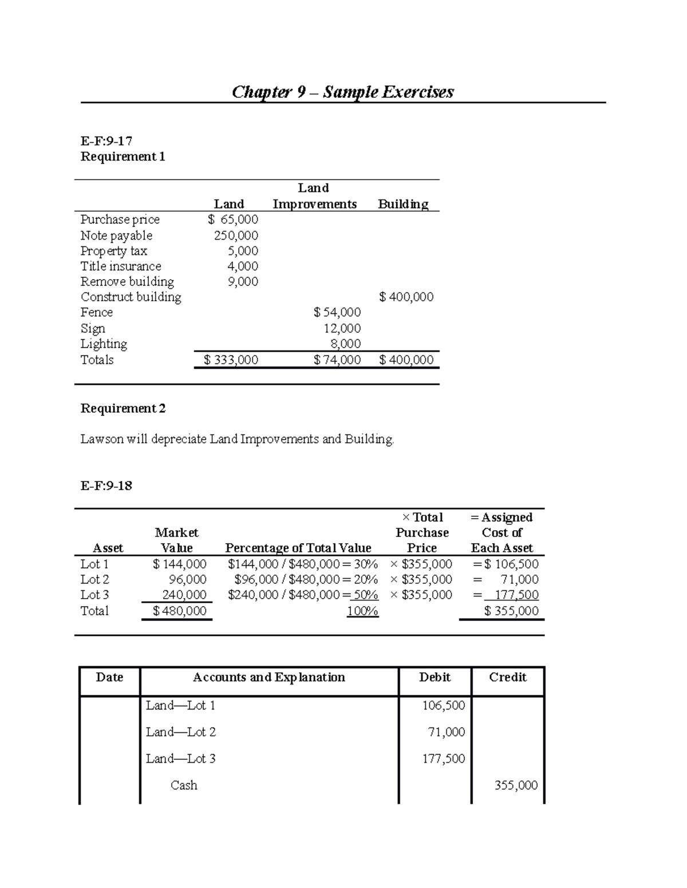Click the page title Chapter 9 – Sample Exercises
[342, 92]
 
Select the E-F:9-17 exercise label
[106, 141]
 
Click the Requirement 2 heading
[123, 408]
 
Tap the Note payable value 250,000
[236, 236]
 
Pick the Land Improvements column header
[314, 196]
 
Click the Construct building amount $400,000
[406, 297]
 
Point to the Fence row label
[97, 312]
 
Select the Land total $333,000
[231, 360]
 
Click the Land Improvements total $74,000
[337, 360]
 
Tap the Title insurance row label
[121, 266]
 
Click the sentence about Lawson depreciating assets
[237, 439]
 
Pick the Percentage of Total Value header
[298, 548]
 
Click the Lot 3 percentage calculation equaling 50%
[303, 595]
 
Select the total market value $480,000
[180, 611]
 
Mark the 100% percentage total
[362, 611]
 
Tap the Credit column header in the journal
[507, 677]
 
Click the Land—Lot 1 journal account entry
[180, 706]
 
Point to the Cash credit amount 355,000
[516, 786]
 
